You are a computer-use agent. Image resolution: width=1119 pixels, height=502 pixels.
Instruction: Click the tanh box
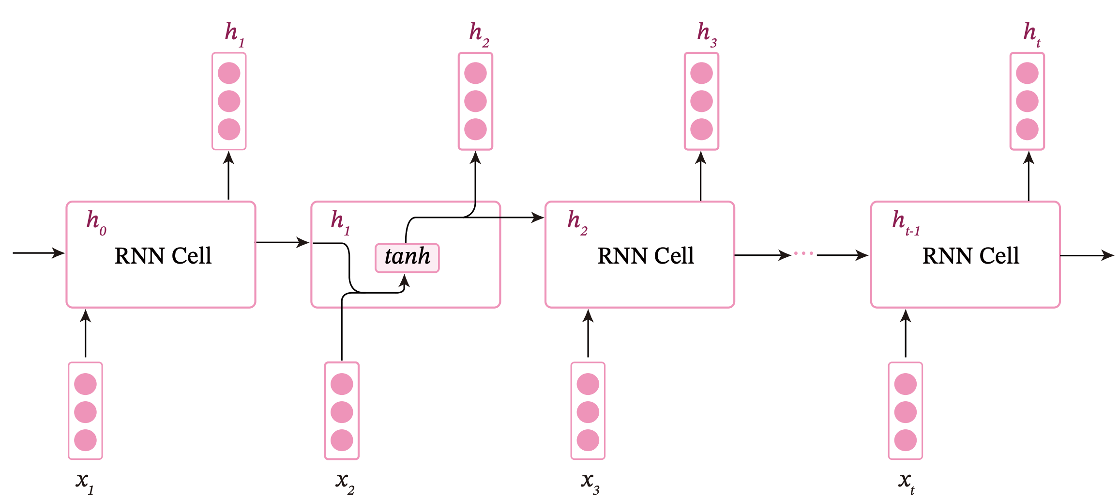point(407,258)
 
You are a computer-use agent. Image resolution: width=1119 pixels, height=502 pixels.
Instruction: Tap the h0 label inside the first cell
point(96,222)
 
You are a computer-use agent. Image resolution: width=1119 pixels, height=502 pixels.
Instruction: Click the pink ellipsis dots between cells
point(804,253)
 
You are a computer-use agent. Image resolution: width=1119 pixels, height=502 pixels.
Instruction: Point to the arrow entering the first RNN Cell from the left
point(39,252)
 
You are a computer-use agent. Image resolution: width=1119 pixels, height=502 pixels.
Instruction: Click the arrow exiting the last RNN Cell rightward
point(1087,255)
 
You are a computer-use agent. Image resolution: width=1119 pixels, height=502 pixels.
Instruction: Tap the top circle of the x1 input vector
point(85,384)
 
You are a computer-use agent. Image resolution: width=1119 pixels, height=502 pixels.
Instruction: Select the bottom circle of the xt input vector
point(906,440)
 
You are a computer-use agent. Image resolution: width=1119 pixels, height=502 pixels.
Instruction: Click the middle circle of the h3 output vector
point(701,101)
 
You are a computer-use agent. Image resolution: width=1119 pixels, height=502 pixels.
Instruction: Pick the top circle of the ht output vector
point(1027,73)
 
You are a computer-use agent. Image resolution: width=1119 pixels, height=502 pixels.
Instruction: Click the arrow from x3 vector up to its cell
point(588,333)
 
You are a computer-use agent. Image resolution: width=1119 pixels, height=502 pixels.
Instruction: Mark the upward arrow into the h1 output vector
point(228,175)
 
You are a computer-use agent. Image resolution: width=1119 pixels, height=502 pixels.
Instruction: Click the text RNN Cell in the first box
point(163,256)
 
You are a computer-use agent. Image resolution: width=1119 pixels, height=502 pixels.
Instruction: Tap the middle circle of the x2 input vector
point(342,412)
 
